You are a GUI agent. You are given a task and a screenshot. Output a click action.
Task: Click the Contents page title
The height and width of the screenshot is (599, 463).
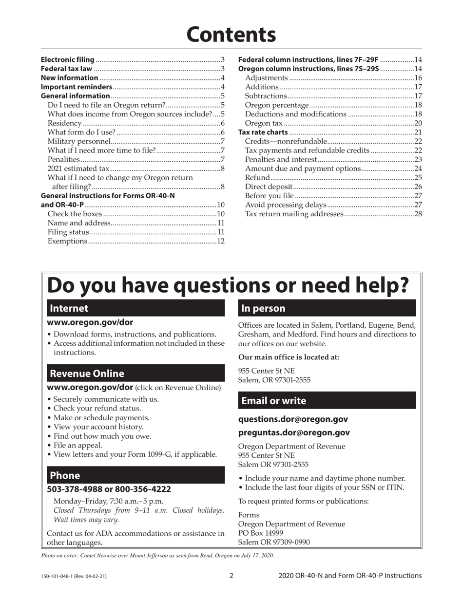231,35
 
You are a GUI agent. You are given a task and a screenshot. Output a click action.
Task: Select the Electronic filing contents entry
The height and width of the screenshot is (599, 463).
67,59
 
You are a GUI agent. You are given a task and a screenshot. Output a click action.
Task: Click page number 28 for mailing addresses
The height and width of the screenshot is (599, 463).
418,214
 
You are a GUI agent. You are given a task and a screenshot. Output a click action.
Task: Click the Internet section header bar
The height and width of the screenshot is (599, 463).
135,308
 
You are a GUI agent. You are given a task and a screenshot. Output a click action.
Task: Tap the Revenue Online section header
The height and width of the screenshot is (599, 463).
135,374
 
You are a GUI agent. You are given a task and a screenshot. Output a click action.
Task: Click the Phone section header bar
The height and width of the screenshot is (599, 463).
135,475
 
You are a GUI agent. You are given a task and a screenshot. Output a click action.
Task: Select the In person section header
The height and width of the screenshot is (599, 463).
327,308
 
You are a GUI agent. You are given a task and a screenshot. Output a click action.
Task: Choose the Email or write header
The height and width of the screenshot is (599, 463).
327,401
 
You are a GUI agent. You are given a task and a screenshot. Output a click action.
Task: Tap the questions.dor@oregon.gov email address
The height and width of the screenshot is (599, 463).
293,419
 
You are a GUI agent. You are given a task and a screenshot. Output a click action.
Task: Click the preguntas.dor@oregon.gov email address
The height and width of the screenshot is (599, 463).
294,432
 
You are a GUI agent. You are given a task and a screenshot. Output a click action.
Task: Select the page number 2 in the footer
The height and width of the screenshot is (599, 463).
231,576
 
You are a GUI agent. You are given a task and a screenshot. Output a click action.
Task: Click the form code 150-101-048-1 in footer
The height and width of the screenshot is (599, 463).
59,576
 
